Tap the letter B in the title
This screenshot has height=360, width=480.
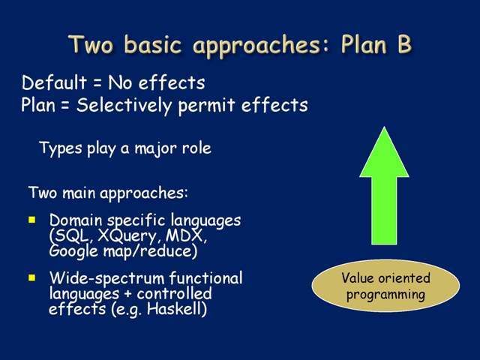point(404,45)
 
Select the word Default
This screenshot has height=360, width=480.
point(55,82)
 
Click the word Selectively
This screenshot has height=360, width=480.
point(124,105)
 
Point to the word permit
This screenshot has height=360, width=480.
point(207,106)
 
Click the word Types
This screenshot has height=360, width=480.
point(61,149)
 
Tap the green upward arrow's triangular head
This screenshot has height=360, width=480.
point(384,152)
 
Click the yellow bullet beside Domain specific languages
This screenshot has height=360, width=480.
point(31,220)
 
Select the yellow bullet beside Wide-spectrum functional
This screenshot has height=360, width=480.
point(31,277)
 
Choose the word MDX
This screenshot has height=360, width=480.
point(186,236)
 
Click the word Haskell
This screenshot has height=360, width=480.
point(177,308)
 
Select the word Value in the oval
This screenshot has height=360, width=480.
point(357,278)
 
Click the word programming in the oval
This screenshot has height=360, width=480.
point(385,295)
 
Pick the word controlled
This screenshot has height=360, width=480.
point(174,294)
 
